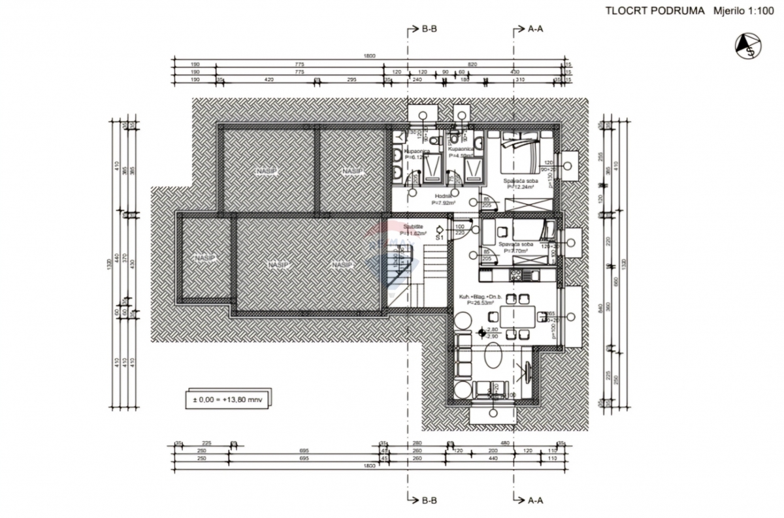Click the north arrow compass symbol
[x=749, y=46]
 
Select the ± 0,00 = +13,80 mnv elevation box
[x=227, y=399]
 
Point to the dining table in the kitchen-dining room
[x=517, y=317]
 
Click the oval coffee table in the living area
[x=494, y=359]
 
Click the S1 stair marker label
[x=440, y=238]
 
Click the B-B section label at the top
[x=429, y=29]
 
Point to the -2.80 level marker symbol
[x=482, y=332]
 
